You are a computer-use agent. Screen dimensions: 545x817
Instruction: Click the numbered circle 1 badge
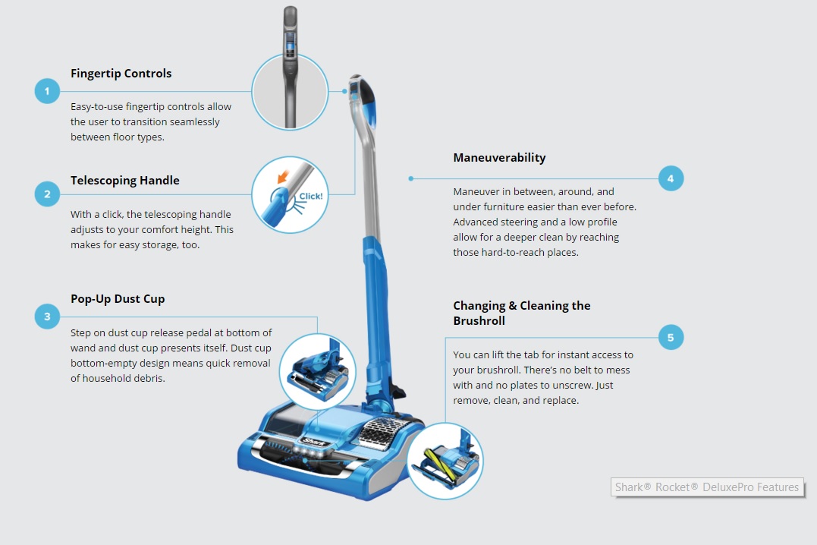[x=47, y=92]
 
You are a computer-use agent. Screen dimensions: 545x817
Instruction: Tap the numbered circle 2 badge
[x=47, y=194]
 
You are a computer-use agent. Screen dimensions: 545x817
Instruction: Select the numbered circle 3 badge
[x=47, y=317]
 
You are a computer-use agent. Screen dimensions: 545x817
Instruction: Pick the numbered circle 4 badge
[x=671, y=179]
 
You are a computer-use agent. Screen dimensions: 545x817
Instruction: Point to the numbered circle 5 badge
[x=671, y=337]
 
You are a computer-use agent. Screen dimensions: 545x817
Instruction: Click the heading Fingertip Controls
[x=121, y=74]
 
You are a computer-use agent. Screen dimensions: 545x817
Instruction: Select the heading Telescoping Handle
[x=125, y=181]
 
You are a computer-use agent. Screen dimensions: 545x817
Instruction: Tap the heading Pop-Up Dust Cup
[x=118, y=299]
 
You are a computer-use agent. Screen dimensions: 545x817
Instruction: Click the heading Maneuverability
[x=499, y=158]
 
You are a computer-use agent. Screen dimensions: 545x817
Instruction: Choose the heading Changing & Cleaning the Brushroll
[x=522, y=313]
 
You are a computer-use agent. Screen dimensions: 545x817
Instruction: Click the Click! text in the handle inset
[x=310, y=197]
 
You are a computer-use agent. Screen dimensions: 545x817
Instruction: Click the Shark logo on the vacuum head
[x=314, y=439]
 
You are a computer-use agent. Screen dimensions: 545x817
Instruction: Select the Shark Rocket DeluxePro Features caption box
[x=707, y=487]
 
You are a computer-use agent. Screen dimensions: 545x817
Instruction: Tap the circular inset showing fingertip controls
[x=290, y=92]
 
